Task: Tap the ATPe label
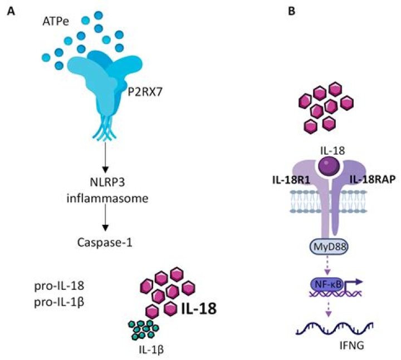coord(56,23)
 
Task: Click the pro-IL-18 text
coord(57,288)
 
